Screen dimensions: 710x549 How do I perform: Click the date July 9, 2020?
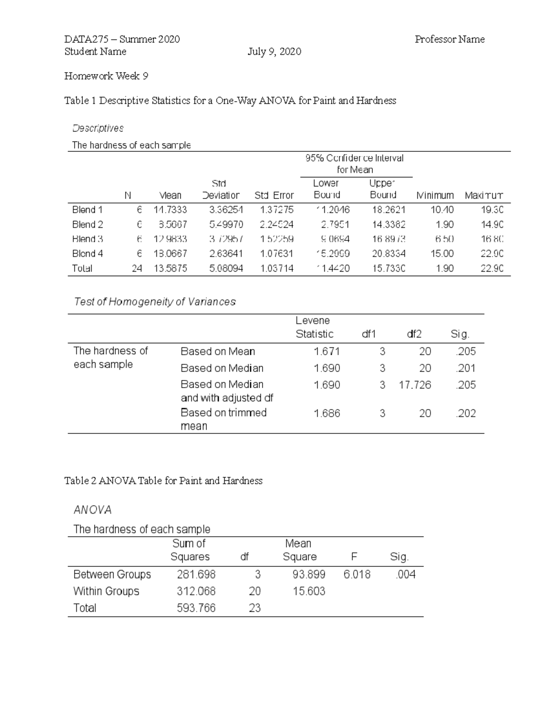274,52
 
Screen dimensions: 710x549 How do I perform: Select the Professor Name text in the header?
449,39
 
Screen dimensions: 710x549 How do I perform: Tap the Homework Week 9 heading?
106,76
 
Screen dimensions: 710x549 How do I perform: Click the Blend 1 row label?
87,210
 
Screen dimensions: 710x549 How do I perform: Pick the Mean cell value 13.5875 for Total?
170,268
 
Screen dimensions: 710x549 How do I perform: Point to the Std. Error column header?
274,195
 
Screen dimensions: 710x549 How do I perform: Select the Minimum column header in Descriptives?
435,195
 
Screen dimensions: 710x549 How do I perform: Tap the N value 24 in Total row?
137,268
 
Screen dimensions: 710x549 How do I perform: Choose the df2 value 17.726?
414,385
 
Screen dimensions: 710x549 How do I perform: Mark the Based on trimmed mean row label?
223,419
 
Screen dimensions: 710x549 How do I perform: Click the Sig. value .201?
466,368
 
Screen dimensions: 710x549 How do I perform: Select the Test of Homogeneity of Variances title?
155,302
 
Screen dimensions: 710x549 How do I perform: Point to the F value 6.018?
357,574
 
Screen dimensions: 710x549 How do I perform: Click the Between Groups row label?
112,574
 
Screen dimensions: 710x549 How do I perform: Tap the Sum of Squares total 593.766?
196,608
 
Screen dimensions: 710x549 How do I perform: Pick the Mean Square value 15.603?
309,591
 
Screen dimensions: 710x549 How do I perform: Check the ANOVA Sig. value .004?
405,574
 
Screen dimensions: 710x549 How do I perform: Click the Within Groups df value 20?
254,591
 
